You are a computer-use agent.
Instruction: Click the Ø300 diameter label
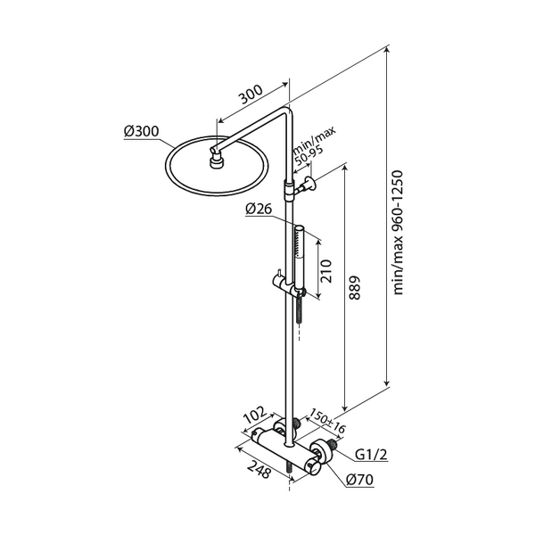pyautogui.click(x=142, y=132)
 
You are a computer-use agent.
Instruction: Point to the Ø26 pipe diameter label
pyautogui.click(x=259, y=210)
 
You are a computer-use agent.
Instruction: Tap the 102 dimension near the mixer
pyautogui.click(x=256, y=414)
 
